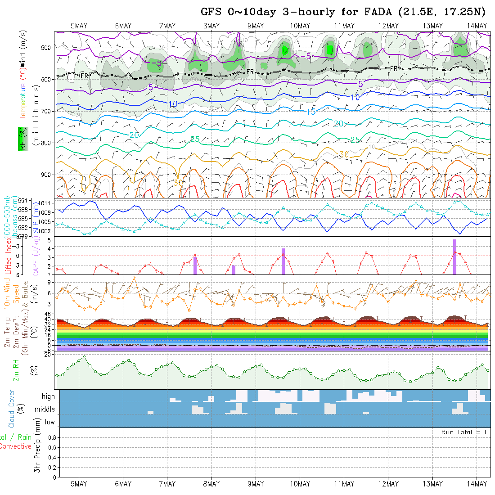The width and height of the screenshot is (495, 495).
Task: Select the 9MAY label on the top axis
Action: tap(256, 26)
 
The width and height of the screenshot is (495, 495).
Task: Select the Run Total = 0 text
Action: tap(465, 432)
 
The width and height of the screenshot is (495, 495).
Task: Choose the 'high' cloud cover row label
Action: tap(48, 396)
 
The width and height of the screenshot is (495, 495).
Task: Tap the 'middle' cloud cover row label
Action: tap(45, 409)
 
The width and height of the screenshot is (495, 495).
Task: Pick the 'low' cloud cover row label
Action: tap(49, 422)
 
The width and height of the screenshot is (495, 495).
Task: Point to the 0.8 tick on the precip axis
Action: tap(51, 437)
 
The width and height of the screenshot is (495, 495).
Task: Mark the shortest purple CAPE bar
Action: tap(234, 270)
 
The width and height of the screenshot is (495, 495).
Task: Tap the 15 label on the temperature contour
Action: tap(311, 111)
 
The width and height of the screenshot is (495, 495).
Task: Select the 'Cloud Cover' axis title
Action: tap(12, 408)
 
